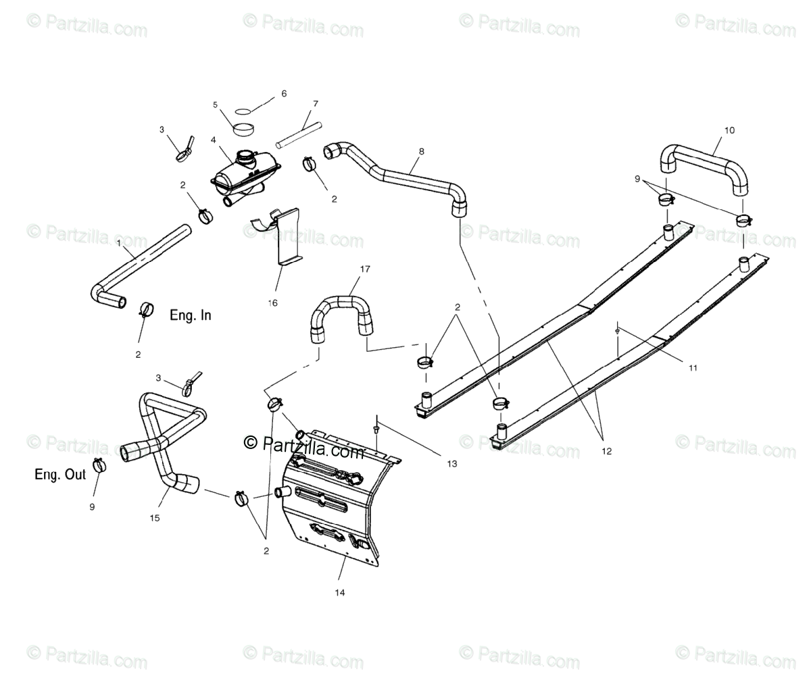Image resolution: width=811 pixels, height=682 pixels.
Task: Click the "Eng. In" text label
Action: click(x=190, y=315)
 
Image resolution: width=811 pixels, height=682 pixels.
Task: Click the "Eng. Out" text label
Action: click(x=60, y=475)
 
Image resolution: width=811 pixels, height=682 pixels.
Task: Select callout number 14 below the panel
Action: click(x=339, y=592)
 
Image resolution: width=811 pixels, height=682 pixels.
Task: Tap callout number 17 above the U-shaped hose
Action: click(x=365, y=269)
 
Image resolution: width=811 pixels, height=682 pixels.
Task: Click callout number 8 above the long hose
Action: click(x=422, y=151)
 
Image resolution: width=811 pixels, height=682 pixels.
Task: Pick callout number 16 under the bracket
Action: click(x=273, y=303)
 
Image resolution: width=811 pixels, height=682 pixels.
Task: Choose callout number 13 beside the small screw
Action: click(x=451, y=463)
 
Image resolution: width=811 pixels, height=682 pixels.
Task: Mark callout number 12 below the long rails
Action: click(x=606, y=452)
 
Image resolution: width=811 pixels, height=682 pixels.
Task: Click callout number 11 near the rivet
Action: click(x=693, y=368)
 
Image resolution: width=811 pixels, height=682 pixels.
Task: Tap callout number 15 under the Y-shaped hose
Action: click(x=155, y=518)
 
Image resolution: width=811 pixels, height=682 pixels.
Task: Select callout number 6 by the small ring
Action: click(x=284, y=94)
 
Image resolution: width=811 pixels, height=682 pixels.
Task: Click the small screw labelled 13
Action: click(x=375, y=428)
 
